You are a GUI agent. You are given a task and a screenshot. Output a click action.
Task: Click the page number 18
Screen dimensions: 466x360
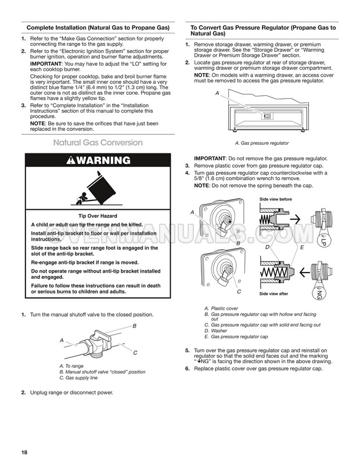[x=24, y=453]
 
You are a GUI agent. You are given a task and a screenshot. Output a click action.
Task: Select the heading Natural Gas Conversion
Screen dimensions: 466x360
[x=97, y=142]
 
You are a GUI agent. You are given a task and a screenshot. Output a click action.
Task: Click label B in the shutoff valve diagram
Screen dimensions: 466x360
[x=135, y=327]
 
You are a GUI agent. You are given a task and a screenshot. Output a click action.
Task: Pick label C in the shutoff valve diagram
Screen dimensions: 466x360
[x=135, y=353]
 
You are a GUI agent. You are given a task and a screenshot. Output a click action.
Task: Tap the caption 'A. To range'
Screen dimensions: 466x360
[x=73, y=365]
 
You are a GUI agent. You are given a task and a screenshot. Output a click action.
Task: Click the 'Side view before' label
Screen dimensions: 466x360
[x=276, y=199]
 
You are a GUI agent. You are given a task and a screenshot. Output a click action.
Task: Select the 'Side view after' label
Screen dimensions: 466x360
[x=275, y=294]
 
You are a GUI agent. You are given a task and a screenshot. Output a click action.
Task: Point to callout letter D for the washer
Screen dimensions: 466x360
[x=267, y=247]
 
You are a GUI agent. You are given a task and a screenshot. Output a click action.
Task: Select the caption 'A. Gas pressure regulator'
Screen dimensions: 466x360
[x=261, y=143]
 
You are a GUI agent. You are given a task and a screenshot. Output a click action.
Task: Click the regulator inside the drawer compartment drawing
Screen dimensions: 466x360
[x=267, y=116]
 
